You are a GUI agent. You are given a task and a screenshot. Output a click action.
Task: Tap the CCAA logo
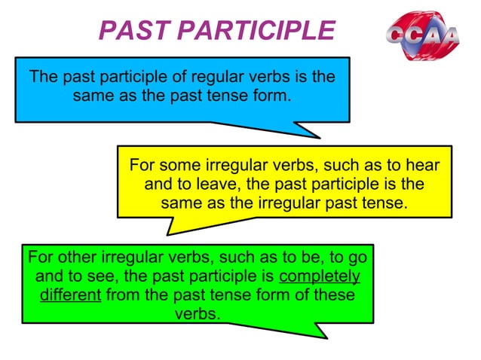(424, 36)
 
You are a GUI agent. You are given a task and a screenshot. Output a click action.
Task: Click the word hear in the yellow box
(422, 165)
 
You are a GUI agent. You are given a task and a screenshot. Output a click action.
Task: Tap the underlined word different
(70, 294)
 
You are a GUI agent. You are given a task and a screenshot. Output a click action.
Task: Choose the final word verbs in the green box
(198, 313)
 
